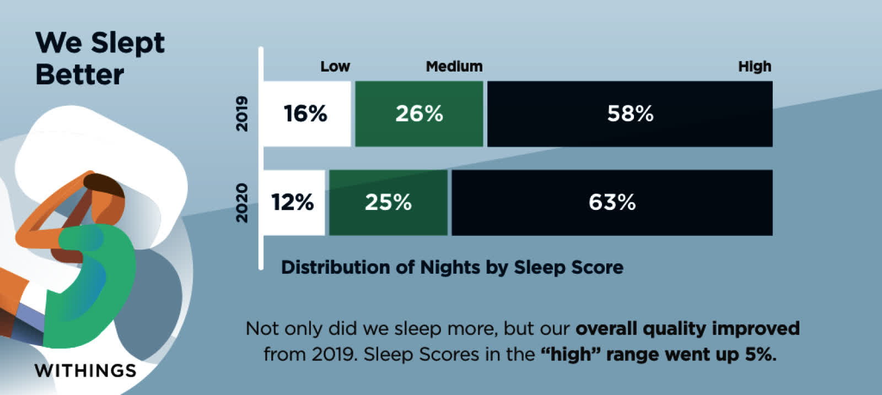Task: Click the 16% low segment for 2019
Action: (x=307, y=113)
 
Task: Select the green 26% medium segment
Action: (x=419, y=113)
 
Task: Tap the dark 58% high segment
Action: (x=630, y=113)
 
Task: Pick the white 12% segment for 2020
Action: (x=294, y=203)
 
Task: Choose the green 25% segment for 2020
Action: (x=388, y=203)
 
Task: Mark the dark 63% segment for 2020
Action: (x=612, y=203)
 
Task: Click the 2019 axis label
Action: (x=242, y=113)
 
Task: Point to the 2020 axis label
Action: (x=242, y=203)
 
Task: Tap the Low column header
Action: (x=335, y=67)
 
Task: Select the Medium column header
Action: (x=454, y=67)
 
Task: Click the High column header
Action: (x=755, y=67)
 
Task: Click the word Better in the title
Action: (x=80, y=75)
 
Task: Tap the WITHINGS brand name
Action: (x=85, y=370)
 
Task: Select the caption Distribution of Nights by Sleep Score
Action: (x=452, y=268)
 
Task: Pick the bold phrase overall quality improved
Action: (x=687, y=329)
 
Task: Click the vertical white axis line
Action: (x=261, y=158)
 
